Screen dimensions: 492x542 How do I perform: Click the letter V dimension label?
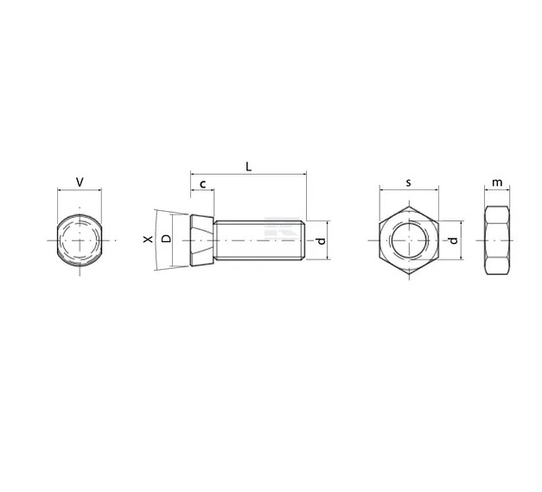click(x=80, y=182)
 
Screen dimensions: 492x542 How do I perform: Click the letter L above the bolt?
click(x=248, y=166)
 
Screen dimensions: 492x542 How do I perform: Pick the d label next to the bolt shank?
click(x=321, y=240)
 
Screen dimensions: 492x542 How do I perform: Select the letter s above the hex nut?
click(x=409, y=182)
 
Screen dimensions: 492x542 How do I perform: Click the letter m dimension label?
click(x=496, y=182)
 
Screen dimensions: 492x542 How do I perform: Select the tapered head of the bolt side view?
click(x=201, y=240)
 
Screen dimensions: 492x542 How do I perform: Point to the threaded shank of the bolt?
click(x=259, y=240)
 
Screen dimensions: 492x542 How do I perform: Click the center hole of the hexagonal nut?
click(x=409, y=240)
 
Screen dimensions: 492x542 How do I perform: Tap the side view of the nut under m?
click(x=496, y=240)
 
